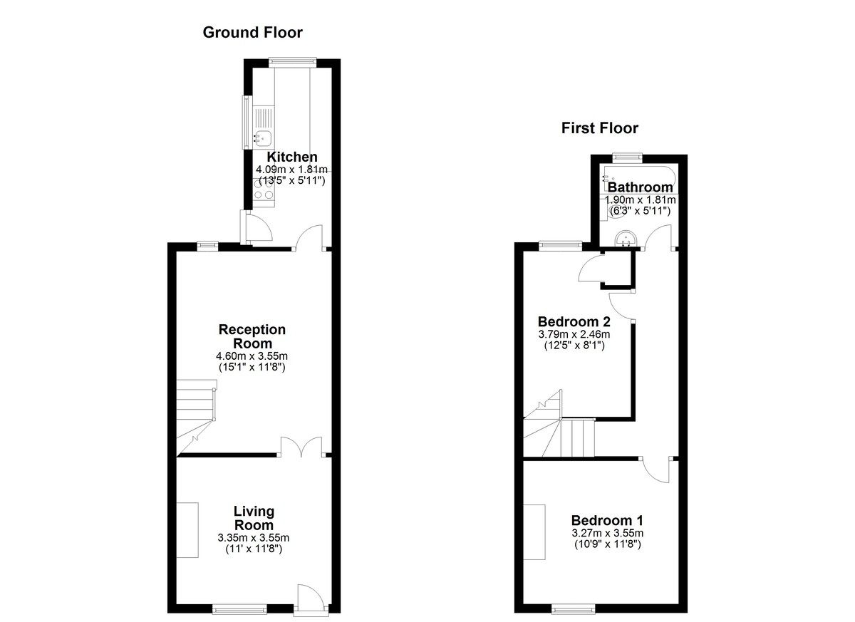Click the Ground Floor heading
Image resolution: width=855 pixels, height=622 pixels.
pyautogui.click(x=252, y=33)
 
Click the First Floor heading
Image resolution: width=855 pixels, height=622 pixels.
pyautogui.click(x=600, y=128)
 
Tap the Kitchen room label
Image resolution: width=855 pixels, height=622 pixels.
pyautogui.click(x=292, y=157)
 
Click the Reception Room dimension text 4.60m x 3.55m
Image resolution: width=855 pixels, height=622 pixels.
pyautogui.click(x=252, y=356)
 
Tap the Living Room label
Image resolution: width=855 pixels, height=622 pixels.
pyautogui.click(x=254, y=518)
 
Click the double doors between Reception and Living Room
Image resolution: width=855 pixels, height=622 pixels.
pyautogui.click(x=301, y=447)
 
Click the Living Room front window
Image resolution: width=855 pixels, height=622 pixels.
pyautogui.click(x=239, y=608)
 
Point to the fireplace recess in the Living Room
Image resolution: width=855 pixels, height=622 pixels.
pyautogui.click(x=187, y=530)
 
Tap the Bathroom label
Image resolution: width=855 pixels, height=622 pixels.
pyautogui.click(x=640, y=187)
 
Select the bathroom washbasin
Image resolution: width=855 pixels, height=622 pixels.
pyautogui.click(x=626, y=239)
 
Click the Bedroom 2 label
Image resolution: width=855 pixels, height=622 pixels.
pyautogui.click(x=574, y=321)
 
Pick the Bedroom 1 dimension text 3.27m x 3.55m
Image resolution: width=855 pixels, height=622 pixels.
pyautogui.click(x=607, y=533)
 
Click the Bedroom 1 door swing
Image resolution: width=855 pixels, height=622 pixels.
pyautogui.click(x=657, y=470)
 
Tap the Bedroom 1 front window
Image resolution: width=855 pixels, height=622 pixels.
pyautogui.click(x=574, y=608)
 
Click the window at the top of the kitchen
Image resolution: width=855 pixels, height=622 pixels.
pyautogui.click(x=293, y=61)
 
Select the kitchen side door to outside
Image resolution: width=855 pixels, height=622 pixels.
pyautogui.click(x=256, y=228)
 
